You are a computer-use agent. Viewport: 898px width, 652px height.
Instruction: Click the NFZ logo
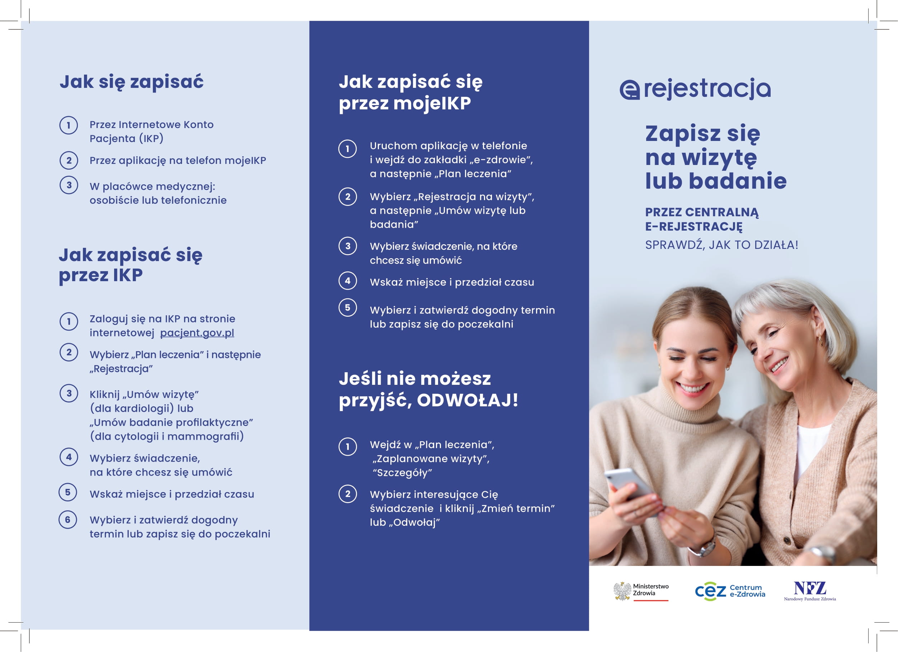810,589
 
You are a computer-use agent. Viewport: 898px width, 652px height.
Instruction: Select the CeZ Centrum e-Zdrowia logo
730,591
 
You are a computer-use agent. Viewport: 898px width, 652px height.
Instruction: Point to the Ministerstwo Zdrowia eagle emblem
622,591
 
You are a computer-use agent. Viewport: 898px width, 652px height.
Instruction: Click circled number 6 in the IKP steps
68,520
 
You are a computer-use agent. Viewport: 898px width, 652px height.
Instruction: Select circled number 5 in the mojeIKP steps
348,308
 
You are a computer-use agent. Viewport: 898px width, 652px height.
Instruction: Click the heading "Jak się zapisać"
131,82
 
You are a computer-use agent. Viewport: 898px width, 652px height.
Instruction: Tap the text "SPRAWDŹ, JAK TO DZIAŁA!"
721,245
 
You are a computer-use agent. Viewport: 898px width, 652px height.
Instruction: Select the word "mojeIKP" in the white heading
432,103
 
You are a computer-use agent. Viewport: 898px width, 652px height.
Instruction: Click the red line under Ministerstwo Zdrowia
650,601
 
